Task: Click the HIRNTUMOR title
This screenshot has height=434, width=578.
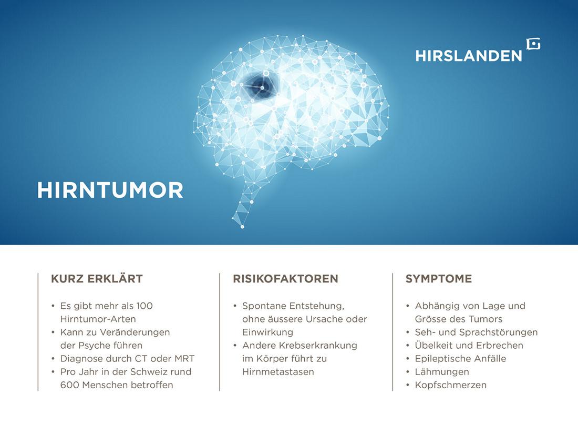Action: (x=110, y=190)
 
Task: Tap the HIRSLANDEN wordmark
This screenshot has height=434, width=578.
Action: (x=469, y=56)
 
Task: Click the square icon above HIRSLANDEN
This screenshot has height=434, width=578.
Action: (x=533, y=44)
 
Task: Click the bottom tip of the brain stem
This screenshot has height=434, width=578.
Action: (x=242, y=227)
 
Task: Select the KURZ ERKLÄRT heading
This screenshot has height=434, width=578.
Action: (x=97, y=279)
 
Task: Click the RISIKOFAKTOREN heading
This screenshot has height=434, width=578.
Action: (x=285, y=279)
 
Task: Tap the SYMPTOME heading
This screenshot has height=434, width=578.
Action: (x=439, y=279)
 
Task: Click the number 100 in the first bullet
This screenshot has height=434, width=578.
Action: (x=144, y=306)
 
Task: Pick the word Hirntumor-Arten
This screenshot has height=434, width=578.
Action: (x=98, y=319)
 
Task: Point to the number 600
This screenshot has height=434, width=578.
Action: (x=70, y=385)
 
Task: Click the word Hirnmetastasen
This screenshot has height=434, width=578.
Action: (x=278, y=371)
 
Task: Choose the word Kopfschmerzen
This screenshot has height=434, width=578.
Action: (x=450, y=385)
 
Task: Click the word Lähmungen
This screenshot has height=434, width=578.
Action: (x=442, y=371)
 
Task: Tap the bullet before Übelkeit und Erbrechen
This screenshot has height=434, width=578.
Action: (x=408, y=346)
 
